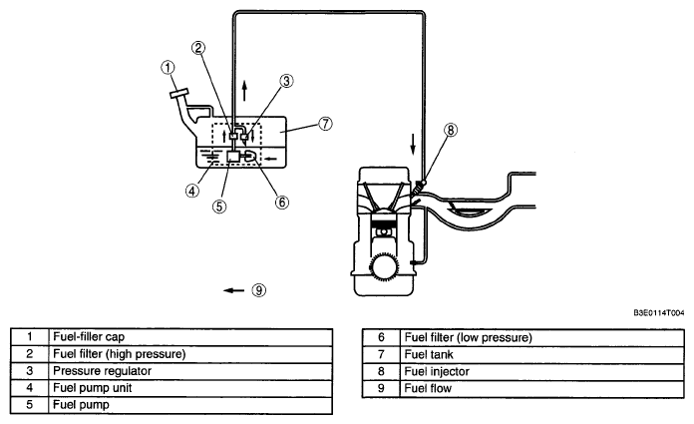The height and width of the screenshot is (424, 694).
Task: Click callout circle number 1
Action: (168, 68)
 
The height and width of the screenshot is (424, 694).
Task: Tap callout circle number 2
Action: (198, 48)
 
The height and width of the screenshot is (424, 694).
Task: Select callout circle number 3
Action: (286, 81)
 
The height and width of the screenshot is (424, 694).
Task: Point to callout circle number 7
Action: (325, 123)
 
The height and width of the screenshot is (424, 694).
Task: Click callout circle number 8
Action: (451, 130)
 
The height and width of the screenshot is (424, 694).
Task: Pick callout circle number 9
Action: (259, 290)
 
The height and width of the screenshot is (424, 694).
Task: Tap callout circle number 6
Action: (281, 203)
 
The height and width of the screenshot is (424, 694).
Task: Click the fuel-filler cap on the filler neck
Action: (178, 94)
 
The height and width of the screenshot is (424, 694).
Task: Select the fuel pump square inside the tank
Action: (232, 156)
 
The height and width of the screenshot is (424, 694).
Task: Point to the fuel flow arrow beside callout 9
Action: (233, 290)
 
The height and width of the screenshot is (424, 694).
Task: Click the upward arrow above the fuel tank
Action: (244, 91)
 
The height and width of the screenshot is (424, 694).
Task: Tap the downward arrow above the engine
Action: (413, 145)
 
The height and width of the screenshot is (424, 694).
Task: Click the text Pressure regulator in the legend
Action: (103, 371)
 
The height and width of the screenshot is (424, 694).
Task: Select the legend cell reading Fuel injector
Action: (541, 371)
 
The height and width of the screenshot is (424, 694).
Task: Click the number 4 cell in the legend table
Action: (29, 388)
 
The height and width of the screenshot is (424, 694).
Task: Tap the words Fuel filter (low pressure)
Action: (469, 337)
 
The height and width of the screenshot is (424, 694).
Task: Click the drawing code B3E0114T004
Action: (658, 313)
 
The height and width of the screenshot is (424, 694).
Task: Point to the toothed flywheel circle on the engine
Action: (383, 268)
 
